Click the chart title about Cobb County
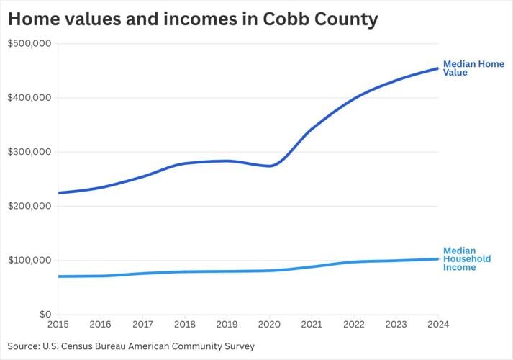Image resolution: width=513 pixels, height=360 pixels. tap(193, 19)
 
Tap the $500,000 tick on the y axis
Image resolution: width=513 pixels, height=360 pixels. tap(29, 44)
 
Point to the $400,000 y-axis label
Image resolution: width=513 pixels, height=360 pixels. tap(29, 98)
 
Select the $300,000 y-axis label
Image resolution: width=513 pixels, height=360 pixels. tap(29, 152)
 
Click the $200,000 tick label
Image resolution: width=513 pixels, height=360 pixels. tap(29, 206)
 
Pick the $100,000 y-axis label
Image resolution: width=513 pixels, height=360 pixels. tap(29, 260)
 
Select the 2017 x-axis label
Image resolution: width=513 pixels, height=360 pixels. tap(143, 325)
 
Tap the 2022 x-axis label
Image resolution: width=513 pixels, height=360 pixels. tap(354, 325)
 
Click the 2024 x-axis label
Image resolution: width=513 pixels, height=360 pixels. tap(437, 325)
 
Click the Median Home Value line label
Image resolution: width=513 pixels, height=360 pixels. tap(473, 68)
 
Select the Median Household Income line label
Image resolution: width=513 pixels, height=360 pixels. tap(467, 259)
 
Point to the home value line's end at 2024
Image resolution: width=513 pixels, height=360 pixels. tap(437, 69)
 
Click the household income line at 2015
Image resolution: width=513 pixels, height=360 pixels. tap(59, 276)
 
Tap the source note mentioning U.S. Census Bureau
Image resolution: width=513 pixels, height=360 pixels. tap(131, 346)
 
